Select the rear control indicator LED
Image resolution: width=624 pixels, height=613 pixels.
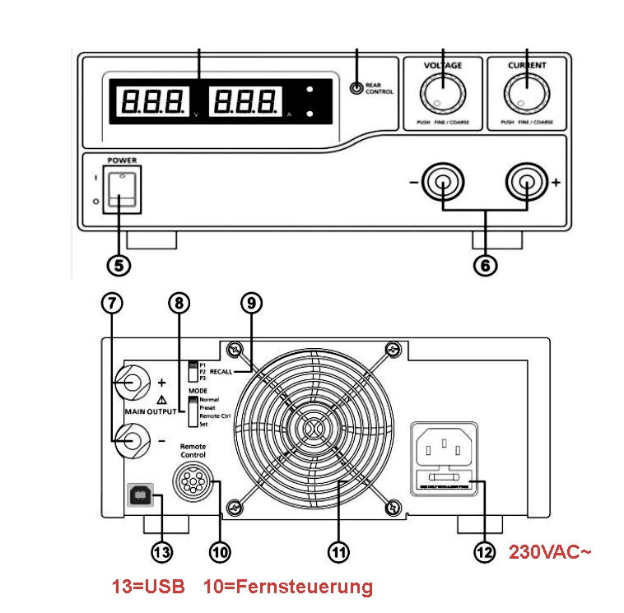pos(356,89)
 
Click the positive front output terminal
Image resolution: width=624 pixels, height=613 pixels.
pos(526,183)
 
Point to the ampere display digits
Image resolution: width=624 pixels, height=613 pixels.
pos(244,102)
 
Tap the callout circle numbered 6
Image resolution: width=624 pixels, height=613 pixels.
pos(485,265)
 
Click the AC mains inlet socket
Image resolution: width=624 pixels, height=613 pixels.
pos(445,450)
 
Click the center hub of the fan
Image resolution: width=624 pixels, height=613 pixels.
pos(314,429)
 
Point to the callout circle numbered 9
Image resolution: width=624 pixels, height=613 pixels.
pos(252,302)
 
